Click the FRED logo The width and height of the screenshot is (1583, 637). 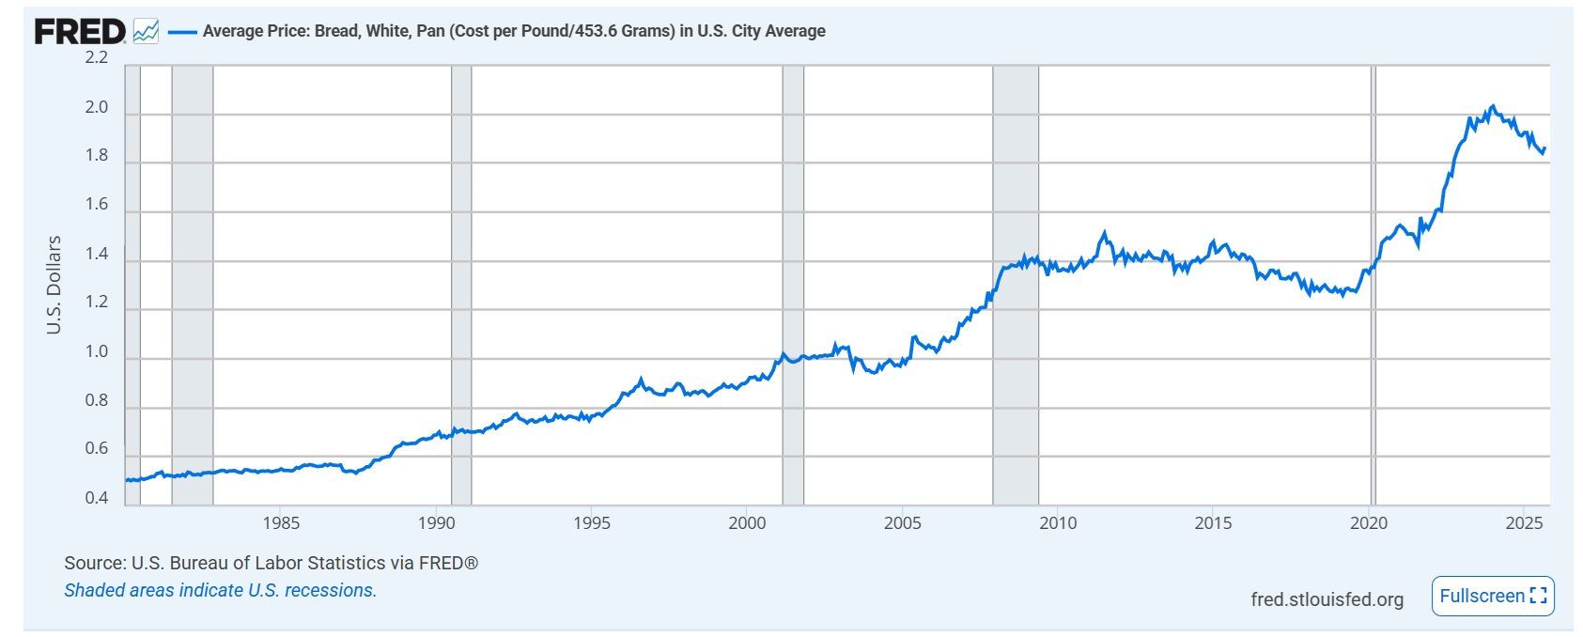[80, 31]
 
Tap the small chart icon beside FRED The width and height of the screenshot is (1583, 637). [146, 31]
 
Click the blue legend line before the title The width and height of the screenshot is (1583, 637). [182, 32]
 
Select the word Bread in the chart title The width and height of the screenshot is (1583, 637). [335, 31]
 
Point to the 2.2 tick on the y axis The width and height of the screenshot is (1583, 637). [97, 57]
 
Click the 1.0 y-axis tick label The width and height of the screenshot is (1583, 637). [97, 351]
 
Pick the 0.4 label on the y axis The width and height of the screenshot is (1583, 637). [97, 498]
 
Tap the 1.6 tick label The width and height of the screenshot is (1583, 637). [97, 205]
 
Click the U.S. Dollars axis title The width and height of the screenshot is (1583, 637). [54, 285]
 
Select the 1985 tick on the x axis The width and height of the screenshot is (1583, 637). [281, 523]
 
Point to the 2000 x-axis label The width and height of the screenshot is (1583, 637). [747, 523]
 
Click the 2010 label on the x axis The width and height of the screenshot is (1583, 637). [1058, 523]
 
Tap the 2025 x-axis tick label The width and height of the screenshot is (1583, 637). [1524, 523]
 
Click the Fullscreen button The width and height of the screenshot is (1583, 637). [1493, 597]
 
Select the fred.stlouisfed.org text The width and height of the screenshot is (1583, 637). [1327, 599]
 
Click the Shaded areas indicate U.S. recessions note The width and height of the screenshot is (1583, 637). [220, 591]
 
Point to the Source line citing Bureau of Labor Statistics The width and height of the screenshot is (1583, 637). [271, 563]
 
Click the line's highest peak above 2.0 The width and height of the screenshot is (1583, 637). [1494, 106]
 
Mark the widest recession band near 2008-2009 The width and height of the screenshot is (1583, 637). [1016, 282]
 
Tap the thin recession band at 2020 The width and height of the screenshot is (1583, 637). [1373, 282]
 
